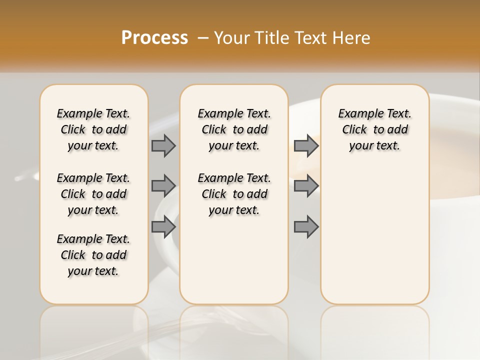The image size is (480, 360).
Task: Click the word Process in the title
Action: point(154,37)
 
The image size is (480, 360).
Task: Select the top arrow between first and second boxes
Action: point(163,145)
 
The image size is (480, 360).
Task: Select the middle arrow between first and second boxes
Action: point(163,186)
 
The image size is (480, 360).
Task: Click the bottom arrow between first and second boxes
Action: point(163,227)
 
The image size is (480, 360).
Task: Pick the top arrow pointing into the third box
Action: point(305,145)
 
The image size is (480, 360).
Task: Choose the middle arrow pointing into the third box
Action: point(305,186)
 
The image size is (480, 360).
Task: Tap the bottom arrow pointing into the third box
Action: point(305,227)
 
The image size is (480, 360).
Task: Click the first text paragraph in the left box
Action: point(93,129)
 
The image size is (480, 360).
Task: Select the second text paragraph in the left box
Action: point(93,194)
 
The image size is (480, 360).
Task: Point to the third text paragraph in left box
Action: point(93,255)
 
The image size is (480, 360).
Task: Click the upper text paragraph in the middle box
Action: point(234,129)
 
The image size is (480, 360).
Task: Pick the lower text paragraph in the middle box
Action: point(234,194)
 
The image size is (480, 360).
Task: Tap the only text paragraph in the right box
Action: point(374,129)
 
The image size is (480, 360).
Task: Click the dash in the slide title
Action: point(203,37)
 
